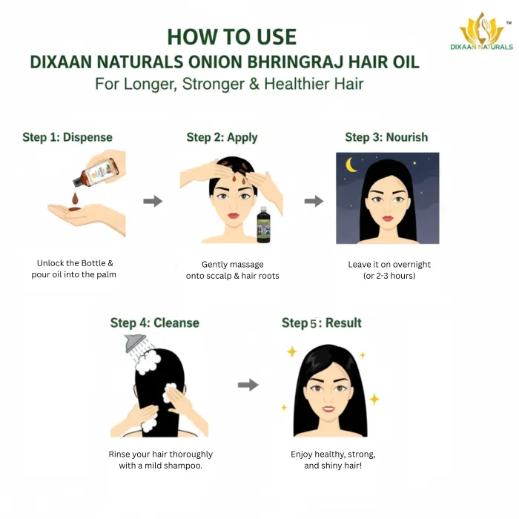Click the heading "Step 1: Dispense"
click(67, 137)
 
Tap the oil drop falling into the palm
click(75, 198)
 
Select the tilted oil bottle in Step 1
click(95, 172)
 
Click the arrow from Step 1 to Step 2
click(153, 201)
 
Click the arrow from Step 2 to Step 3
click(314, 201)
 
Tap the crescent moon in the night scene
click(351, 165)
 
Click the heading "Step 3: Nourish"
click(386, 137)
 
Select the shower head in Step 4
click(135, 343)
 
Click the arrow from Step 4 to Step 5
click(248, 385)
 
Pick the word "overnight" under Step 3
click(411, 265)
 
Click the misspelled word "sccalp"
click(220, 276)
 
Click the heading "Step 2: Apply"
click(222, 137)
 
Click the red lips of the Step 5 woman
click(328, 409)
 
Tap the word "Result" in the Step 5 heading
click(343, 323)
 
